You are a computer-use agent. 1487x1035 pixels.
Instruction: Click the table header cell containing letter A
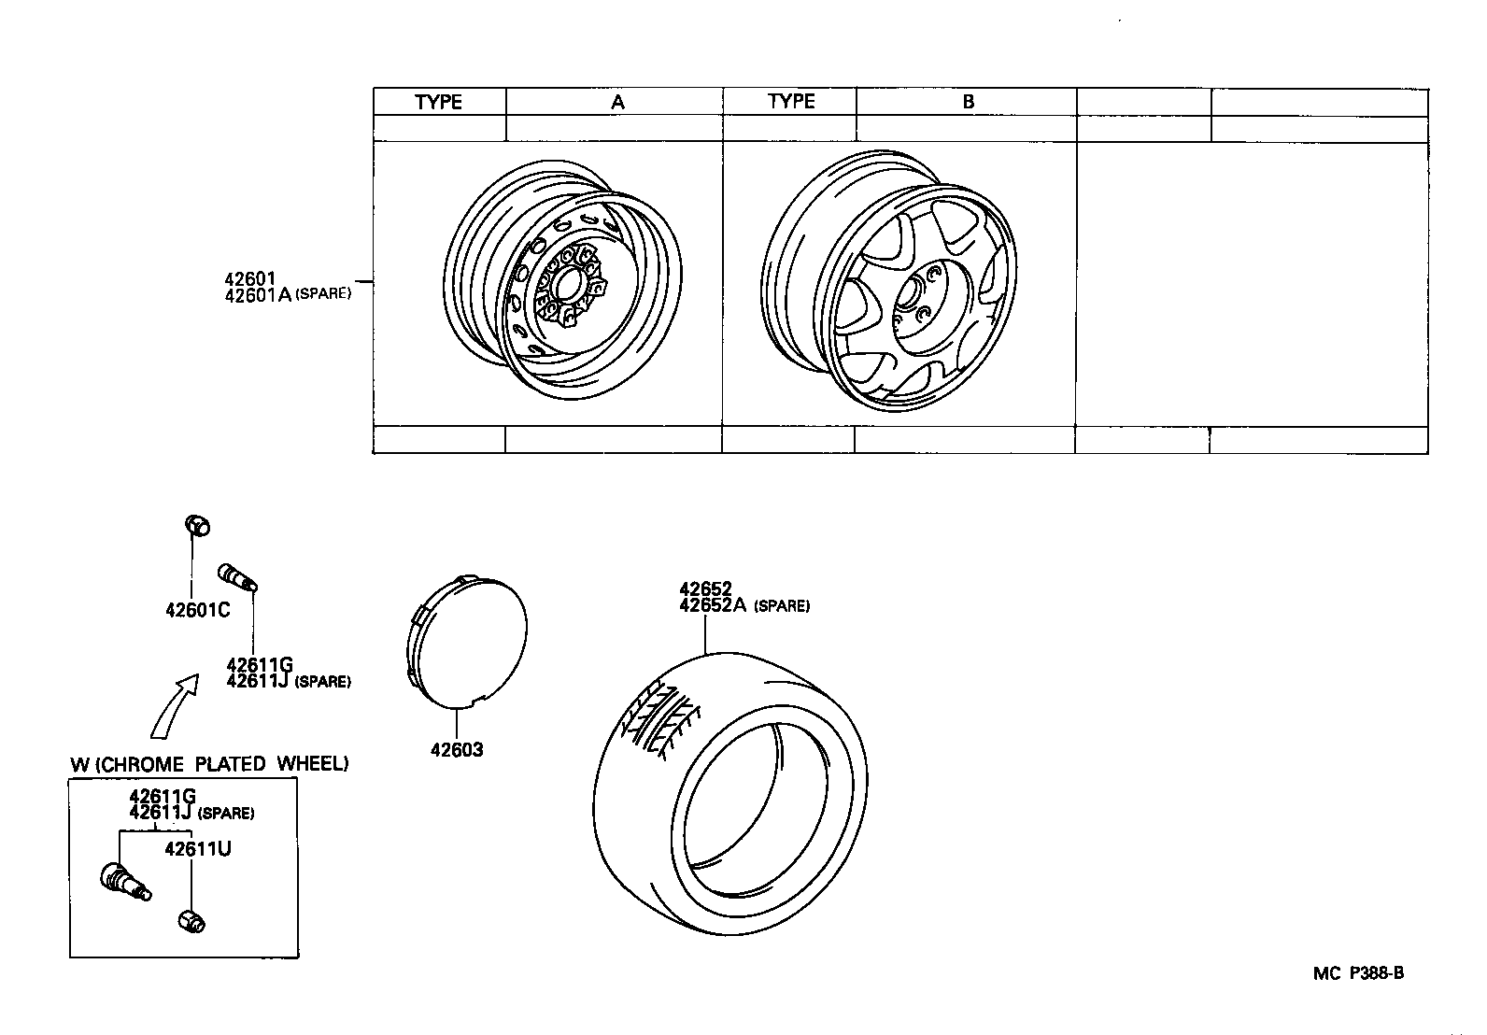point(616,102)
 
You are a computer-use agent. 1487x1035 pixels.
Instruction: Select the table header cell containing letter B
point(968,102)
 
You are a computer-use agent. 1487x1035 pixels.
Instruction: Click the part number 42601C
point(197,610)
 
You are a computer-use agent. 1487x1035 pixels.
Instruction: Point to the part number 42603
point(457,749)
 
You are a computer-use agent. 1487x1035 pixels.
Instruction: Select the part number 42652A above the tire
point(713,605)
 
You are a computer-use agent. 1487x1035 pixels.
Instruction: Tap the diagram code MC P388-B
point(1358,973)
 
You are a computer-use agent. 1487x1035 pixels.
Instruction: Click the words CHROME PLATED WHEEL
point(222,764)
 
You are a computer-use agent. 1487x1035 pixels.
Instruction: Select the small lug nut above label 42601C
point(196,525)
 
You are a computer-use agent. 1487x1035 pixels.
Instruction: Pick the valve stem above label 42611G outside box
point(237,577)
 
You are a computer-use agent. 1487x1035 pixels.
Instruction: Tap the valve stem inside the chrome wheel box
point(124,881)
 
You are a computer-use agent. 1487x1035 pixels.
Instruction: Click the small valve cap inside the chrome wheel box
point(192,920)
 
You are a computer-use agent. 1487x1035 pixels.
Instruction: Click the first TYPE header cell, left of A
point(439,102)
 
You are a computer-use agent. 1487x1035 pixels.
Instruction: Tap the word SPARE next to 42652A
point(782,606)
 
